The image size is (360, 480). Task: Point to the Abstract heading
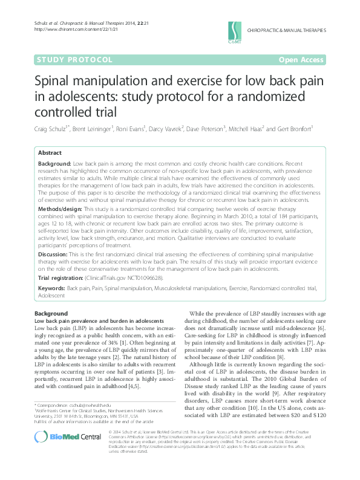click(x=50, y=154)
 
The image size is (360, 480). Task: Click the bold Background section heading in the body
click(x=51, y=314)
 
